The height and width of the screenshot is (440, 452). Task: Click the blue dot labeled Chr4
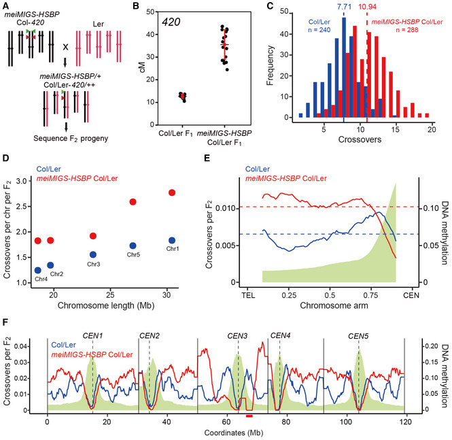tap(38, 270)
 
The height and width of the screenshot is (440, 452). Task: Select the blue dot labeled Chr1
tap(172, 241)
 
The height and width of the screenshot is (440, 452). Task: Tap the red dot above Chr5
tap(133, 202)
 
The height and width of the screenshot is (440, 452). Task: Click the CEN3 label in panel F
tap(237, 336)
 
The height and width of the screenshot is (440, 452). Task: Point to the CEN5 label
tap(358, 336)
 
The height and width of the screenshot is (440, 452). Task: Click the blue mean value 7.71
tap(344, 6)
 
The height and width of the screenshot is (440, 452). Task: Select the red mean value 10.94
tap(367, 7)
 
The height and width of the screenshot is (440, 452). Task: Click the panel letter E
tap(207, 158)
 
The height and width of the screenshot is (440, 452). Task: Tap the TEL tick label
tap(248, 296)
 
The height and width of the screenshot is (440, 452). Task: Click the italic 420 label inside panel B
tap(171, 22)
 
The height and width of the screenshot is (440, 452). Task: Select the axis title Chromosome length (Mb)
tap(106, 305)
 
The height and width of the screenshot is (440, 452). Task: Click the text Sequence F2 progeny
tap(71, 139)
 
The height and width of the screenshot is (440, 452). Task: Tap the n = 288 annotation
tap(407, 29)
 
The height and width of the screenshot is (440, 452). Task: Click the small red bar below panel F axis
tap(249, 416)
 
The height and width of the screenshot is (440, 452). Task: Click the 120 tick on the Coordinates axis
tap(406, 422)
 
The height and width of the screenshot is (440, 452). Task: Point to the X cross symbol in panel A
tap(66, 47)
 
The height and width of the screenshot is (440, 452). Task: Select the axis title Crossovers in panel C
tap(360, 139)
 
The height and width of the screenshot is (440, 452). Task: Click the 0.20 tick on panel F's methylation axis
tap(431, 346)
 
